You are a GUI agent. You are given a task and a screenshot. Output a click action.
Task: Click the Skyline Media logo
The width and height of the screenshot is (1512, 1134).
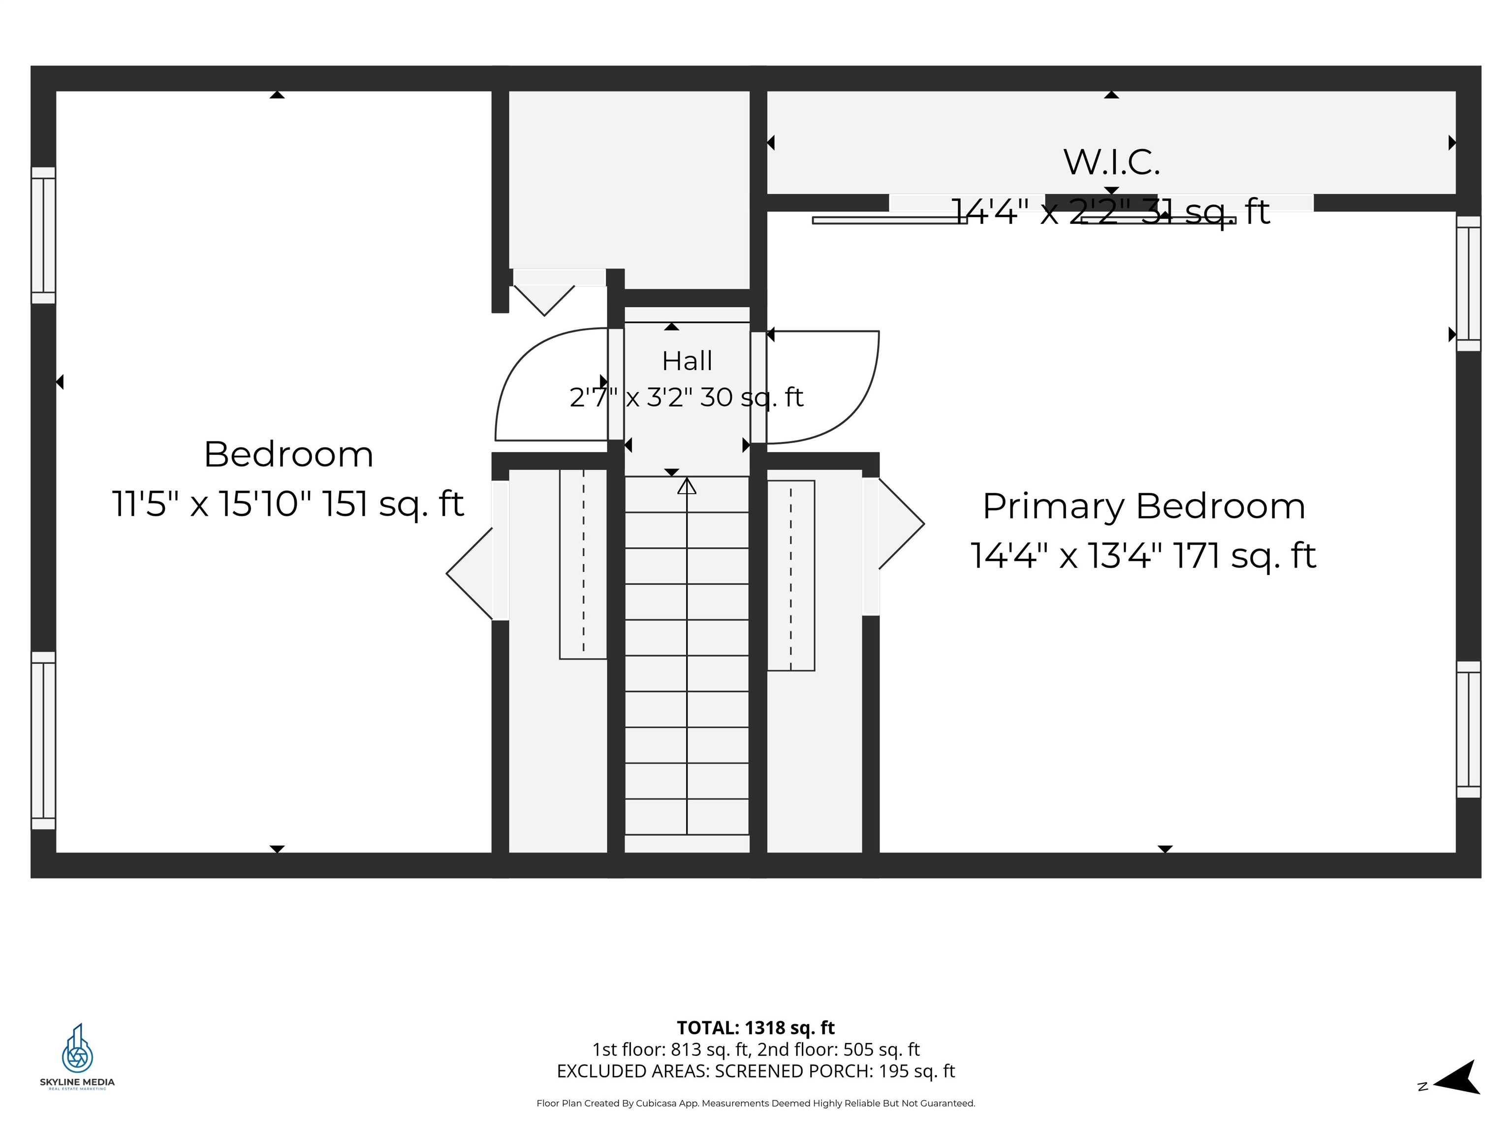(77, 1056)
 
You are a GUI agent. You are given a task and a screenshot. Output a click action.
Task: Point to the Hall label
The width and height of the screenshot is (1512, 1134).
(687, 361)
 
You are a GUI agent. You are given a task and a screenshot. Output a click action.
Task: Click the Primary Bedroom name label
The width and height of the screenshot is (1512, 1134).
(1143, 506)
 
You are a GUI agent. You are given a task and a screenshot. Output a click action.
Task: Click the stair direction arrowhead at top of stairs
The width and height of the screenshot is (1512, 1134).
(687, 486)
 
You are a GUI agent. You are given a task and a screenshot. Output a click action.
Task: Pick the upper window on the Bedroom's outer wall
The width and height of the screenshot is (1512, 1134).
(43, 235)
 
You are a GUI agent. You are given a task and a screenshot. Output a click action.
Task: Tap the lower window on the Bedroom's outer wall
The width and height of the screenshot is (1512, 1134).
(43, 740)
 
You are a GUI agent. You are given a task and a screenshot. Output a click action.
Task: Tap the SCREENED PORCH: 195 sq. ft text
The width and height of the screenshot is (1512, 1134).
(835, 1071)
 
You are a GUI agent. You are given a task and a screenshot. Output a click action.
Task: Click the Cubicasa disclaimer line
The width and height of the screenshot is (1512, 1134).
(756, 1103)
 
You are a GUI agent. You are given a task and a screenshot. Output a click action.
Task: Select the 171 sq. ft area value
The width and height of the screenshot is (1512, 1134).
(1245, 556)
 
